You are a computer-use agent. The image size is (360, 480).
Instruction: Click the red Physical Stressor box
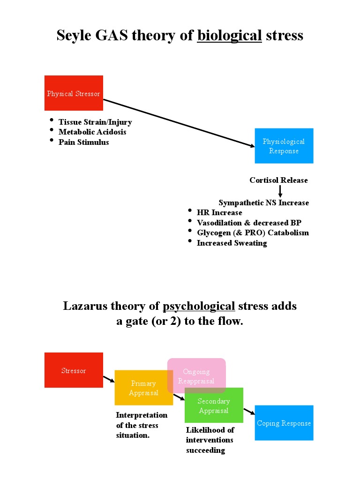click(74, 93)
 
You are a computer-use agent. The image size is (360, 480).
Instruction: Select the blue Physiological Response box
click(284, 146)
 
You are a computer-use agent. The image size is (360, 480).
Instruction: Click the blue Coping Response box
click(284, 423)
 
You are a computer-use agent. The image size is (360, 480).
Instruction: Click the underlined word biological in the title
click(229, 35)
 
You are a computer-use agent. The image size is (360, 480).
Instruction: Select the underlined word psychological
click(199, 306)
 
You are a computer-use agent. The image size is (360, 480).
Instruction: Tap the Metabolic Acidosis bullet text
click(92, 132)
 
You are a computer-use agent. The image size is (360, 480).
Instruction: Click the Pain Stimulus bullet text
click(83, 142)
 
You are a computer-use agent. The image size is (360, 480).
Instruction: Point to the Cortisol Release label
click(278, 180)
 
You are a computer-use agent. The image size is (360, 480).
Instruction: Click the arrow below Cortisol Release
click(280, 191)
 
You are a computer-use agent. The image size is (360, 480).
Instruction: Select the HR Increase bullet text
click(219, 213)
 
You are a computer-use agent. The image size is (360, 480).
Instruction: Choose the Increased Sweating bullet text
click(232, 243)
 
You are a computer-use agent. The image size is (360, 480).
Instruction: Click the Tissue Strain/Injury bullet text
click(95, 122)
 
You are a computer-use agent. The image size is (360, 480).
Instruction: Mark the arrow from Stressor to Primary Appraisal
click(109, 379)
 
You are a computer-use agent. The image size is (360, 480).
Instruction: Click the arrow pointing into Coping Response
click(249, 412)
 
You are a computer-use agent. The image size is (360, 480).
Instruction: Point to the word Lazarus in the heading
click(85, 306)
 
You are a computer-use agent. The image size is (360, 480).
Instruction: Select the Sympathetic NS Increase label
click(263, 203)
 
